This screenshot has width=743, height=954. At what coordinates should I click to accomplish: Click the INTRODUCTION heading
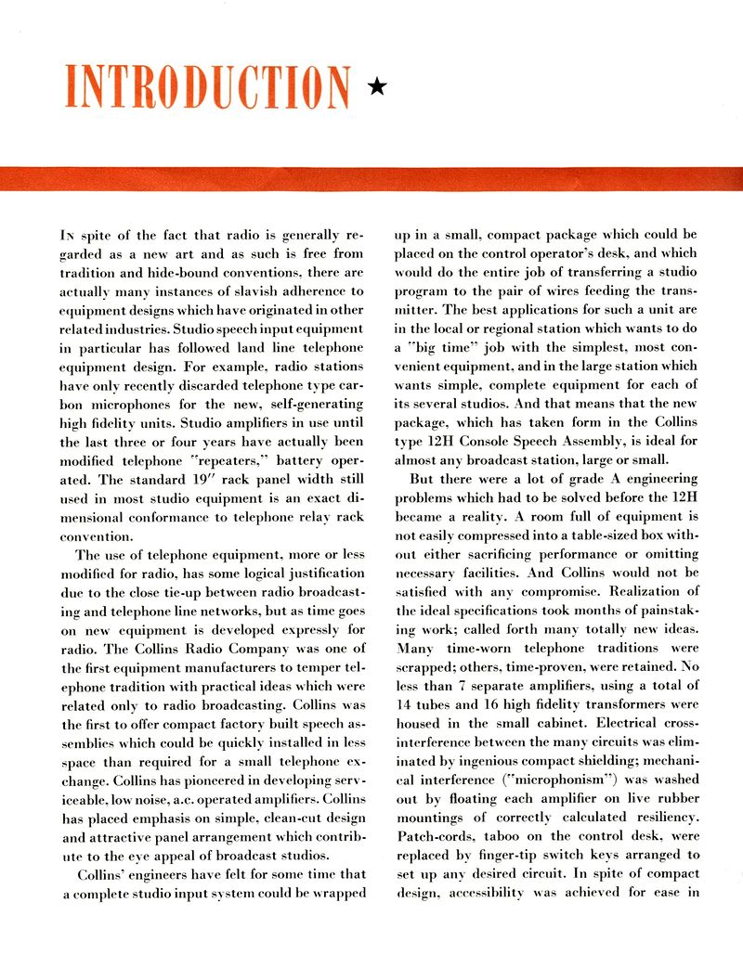pos(209,87)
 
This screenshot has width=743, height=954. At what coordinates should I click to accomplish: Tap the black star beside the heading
pos(376,88)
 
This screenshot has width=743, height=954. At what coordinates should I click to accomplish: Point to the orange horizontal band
pos(371,177)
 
